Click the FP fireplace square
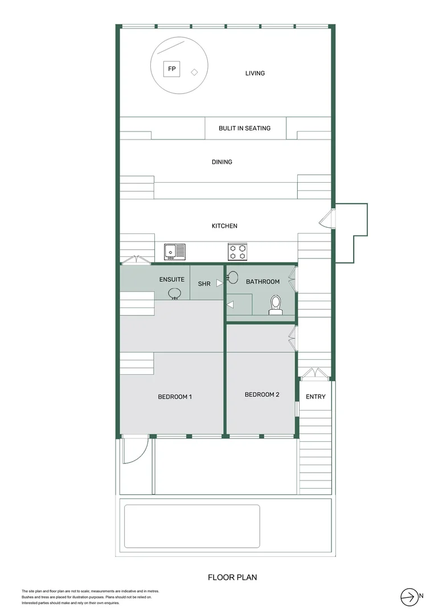coord(171,69)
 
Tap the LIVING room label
coord(255,73)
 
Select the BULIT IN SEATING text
coord(244,128)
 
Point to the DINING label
coord(221,162)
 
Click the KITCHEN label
coord(224,226)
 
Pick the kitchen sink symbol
coord(175,251)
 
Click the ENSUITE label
coord(171,280)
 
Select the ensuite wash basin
coord(175,293)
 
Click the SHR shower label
coord(204,283)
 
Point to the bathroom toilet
coord(276,305)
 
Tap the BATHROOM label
coord(262,281)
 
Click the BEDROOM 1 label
coord(174,396)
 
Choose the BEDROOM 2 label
coord(261,394)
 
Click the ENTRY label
coord(315,396)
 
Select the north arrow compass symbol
coord(409,596)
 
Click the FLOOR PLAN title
coord(232,577)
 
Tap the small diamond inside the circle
coord(194,72)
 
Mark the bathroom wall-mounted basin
coord(233,278)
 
